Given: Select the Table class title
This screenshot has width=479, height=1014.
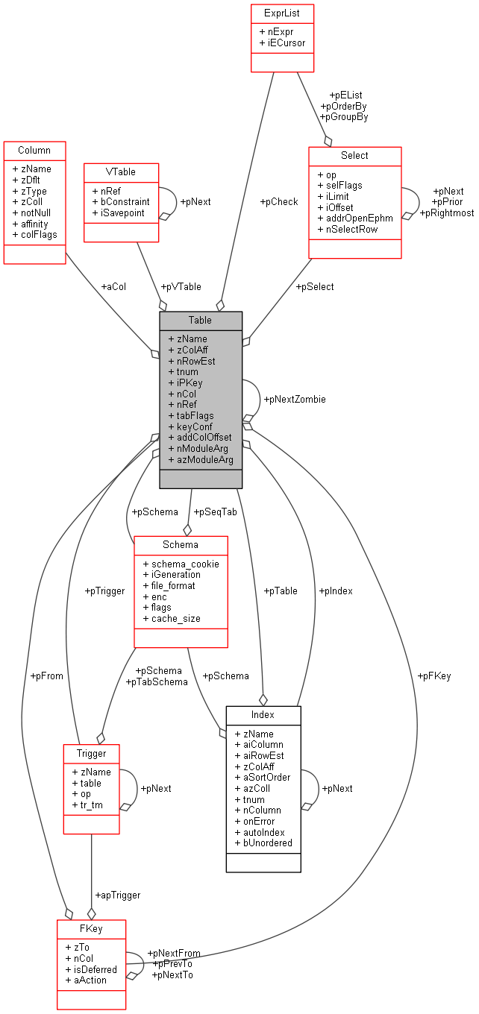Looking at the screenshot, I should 200,320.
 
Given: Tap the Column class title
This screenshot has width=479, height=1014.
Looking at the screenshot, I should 34,151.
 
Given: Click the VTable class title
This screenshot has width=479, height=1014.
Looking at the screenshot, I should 120,171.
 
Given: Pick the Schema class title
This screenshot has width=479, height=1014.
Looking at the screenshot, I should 181,545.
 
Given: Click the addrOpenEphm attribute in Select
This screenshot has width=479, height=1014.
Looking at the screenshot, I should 359,218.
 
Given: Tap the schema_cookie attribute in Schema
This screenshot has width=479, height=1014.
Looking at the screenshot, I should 185,564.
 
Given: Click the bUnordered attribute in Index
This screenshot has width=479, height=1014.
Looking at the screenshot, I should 266,843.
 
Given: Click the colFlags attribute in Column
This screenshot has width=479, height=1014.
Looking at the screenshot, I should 34,235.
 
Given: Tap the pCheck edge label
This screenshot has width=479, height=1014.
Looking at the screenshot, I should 278,202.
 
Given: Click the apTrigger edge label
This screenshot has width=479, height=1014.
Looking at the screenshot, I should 117,895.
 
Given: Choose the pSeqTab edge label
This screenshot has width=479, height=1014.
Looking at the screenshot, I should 210,512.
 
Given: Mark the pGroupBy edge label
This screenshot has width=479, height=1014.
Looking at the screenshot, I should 343,117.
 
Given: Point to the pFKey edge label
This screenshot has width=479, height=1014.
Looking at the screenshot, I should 435,676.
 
